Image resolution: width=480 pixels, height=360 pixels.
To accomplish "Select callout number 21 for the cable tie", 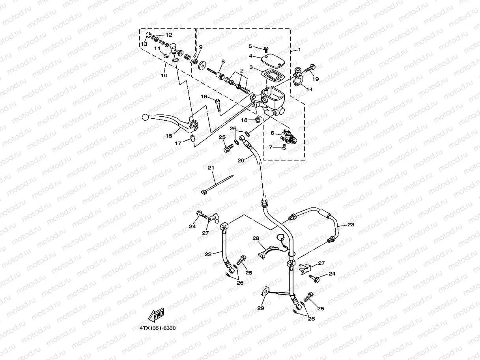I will pos(211,168).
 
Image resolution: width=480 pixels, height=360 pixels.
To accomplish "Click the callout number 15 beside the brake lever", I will pos(169,136).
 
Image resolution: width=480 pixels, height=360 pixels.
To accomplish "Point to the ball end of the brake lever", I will pos(145,117).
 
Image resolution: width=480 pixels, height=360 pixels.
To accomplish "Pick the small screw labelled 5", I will pos(265,49).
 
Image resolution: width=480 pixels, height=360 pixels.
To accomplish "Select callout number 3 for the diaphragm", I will pos(250,67).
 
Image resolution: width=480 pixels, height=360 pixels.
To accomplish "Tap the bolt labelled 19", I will pos(310,68).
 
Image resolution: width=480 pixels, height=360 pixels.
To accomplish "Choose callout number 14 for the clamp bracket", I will pos(309,90).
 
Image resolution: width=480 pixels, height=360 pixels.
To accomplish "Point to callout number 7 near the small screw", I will pos(271,147).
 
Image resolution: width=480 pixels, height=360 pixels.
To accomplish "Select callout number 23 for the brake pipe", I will pos(351,225).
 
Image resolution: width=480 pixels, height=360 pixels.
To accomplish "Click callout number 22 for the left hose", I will pos(208,254).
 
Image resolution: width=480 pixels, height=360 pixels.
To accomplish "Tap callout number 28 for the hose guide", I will pos(256,239).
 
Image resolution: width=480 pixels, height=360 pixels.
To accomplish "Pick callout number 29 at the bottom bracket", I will pos(261,308).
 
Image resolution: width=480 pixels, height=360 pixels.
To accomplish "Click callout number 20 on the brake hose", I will pos(241,160).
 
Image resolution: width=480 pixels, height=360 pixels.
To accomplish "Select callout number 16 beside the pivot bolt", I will pos(204,96).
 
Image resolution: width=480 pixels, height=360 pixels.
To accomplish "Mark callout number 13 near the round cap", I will pos(144,44).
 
